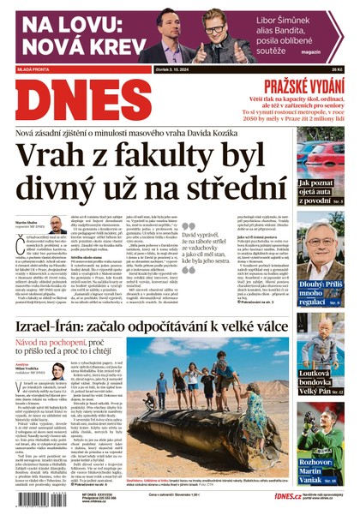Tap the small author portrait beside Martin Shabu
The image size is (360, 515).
[57, 225]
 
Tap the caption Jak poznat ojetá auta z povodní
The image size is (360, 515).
[321, 194]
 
